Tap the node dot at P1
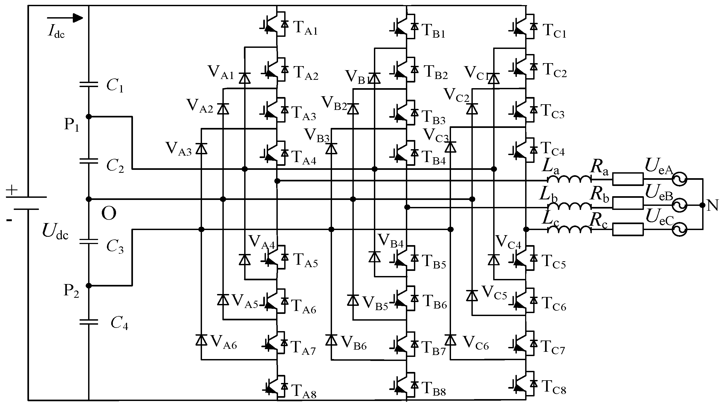pyautogui.click(x=89, y=116)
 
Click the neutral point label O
pyautogui.click(x=109, y=214)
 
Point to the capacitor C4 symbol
pyautogui.click(x=89, y=322)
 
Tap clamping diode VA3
pyautogui.click(x=201, y=148)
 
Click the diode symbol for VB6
pyautogui.click(x=331, y=340)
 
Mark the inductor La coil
pyautogui.click(x=569, y=180)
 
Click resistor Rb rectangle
pyautogui.click(x=627, y=203)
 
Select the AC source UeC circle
pyautogui.click(x=679, y=230)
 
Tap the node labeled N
pyautogui.click(x=703, y=205)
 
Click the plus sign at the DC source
pyautogui.click(x=12, y=191)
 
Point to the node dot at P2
pyautogui.click(x=89, y=286)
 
